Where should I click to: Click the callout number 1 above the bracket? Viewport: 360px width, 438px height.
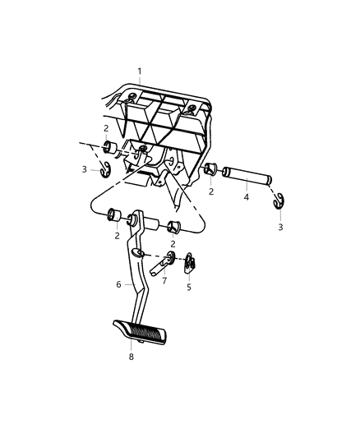tap(140, 71)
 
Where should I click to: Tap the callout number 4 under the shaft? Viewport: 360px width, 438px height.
tap(246, 197)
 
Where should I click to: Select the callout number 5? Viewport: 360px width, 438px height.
tap(188, 288)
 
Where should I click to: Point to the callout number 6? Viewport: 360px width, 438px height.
tap(118, 284)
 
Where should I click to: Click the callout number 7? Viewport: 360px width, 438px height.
tap(164, 281)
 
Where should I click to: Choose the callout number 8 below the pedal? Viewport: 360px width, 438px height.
tap(131, 357)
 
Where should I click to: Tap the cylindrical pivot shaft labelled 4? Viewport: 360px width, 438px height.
tap(247, 176)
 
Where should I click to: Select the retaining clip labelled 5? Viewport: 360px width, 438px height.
tap(189, 264)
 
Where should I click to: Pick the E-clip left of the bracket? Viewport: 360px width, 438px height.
tap(105, 170)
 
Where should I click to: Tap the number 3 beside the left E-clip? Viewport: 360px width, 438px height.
tap(84, 169)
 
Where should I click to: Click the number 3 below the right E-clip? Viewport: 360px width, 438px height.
tap(279, 227)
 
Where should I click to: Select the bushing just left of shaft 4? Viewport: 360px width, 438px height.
tap(211, 170)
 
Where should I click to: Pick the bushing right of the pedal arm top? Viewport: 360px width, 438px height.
tap(173, 227)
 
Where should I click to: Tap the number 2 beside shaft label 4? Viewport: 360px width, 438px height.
tap(212, 191)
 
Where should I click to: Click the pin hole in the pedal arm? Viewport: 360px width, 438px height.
tap(139, 253)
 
